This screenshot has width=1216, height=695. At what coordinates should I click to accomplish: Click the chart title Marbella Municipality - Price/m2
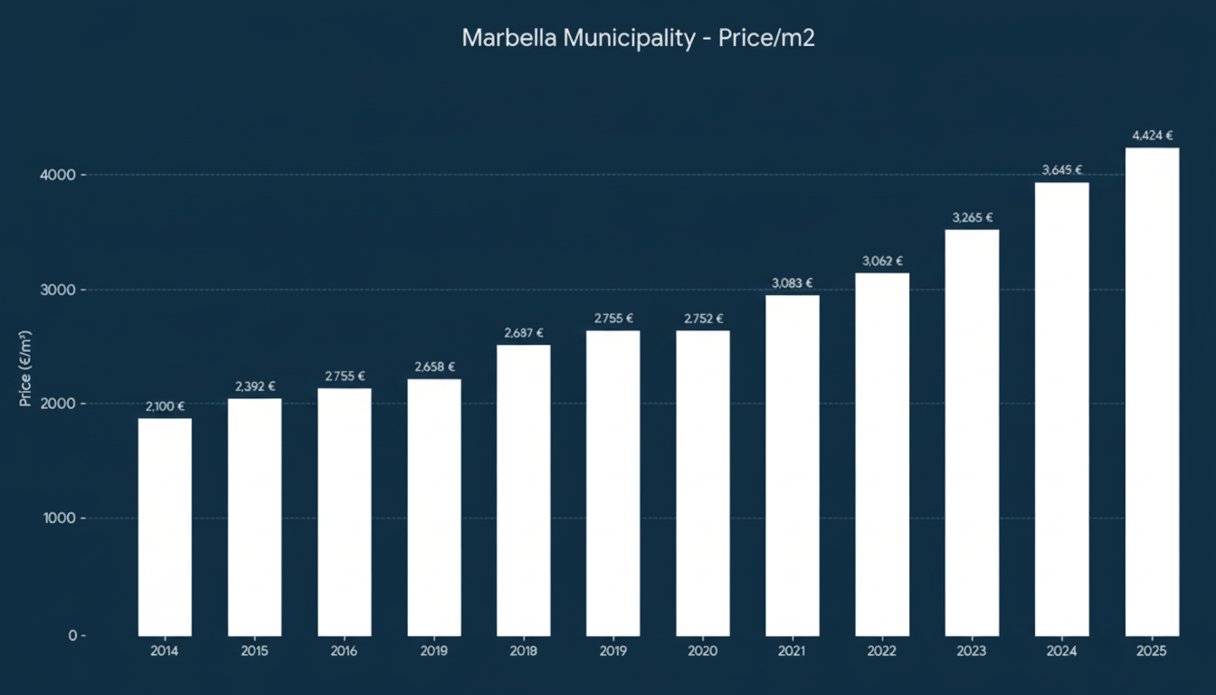tap(638, 38)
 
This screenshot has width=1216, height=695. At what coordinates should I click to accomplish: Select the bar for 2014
tap(165, 527)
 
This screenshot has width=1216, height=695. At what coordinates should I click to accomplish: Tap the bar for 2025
tap(1152, 391)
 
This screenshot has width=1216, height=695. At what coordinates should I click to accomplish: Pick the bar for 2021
tap(793, 465)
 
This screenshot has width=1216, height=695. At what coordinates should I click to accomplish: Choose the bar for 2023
tap(973, 433)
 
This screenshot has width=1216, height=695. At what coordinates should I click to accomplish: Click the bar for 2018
tap(523, 490)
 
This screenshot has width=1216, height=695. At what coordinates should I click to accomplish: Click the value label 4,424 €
tap(1152, 136)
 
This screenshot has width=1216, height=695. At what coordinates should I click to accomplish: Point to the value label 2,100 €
tap(165, 406)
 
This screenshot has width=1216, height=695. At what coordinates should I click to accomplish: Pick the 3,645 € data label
tap(1062, 170)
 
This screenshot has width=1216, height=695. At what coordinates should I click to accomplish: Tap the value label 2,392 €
tap(254, 386)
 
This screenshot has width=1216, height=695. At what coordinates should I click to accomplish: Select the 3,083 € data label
tap(793, 283)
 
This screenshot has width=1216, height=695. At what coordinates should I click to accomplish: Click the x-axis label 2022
tap(882, 652)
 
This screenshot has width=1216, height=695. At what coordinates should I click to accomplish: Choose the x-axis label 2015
tap(254, 652)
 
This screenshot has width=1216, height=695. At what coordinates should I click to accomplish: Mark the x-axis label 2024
tap(1062, 652)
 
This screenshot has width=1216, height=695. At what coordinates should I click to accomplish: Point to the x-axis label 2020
tap(703, 652)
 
